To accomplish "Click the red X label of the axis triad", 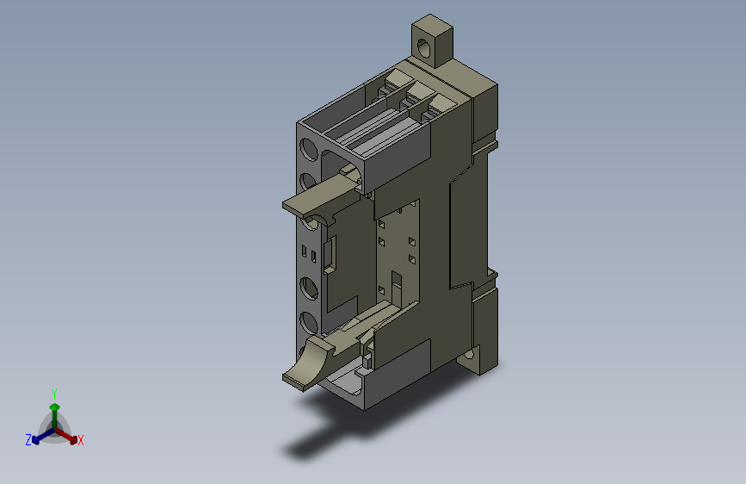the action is coord(80,440).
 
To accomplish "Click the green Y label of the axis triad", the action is coord(54,394).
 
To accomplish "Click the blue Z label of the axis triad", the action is coord(28,440).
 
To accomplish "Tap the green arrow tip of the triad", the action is coord(55,406).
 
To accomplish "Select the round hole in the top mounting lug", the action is coord(423,48).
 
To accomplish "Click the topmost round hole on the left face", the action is coord(308,149).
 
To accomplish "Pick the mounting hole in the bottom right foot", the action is coord(469,354).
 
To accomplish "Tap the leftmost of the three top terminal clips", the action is coord(392,84).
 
